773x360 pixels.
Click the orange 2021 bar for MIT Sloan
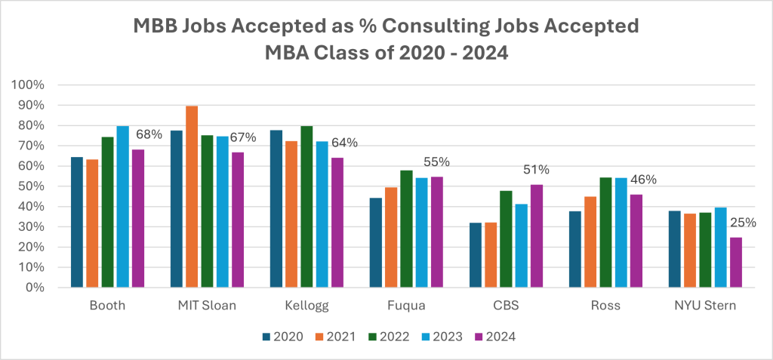(x=192, y=196)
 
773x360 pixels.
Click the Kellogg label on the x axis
(x=291, y=306)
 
